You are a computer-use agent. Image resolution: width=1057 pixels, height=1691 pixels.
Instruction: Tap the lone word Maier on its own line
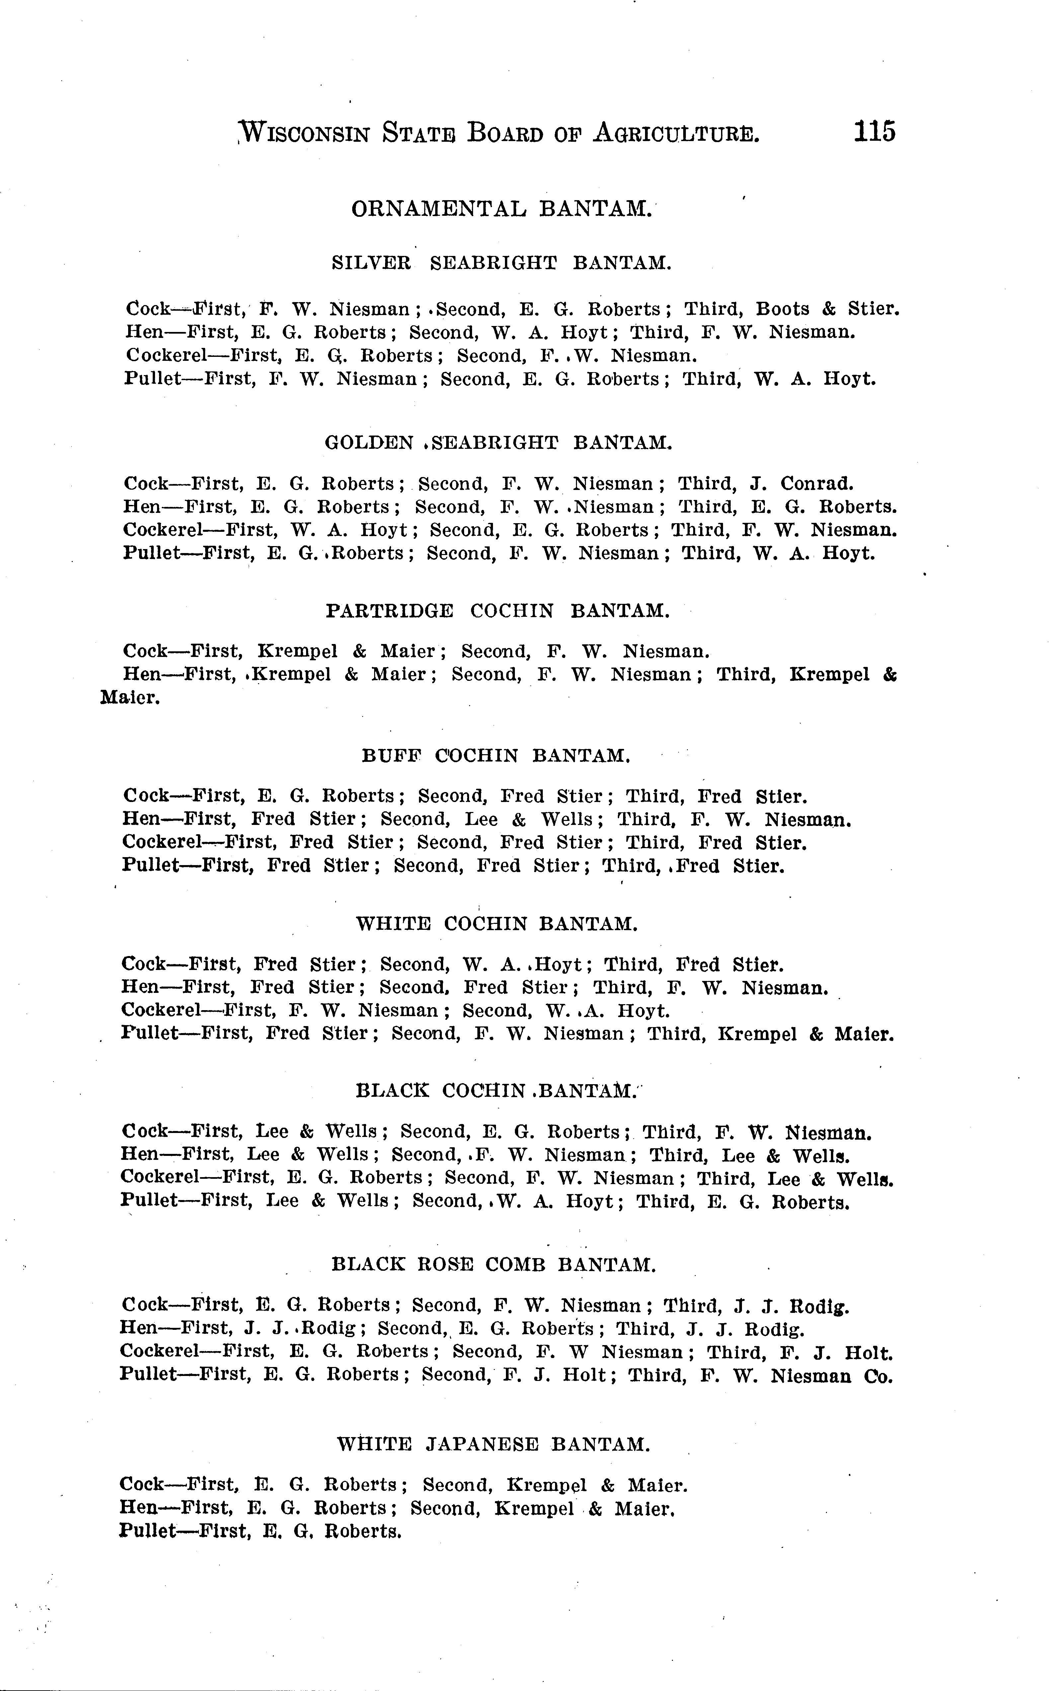pyautogui.click(x=130, y=698)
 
